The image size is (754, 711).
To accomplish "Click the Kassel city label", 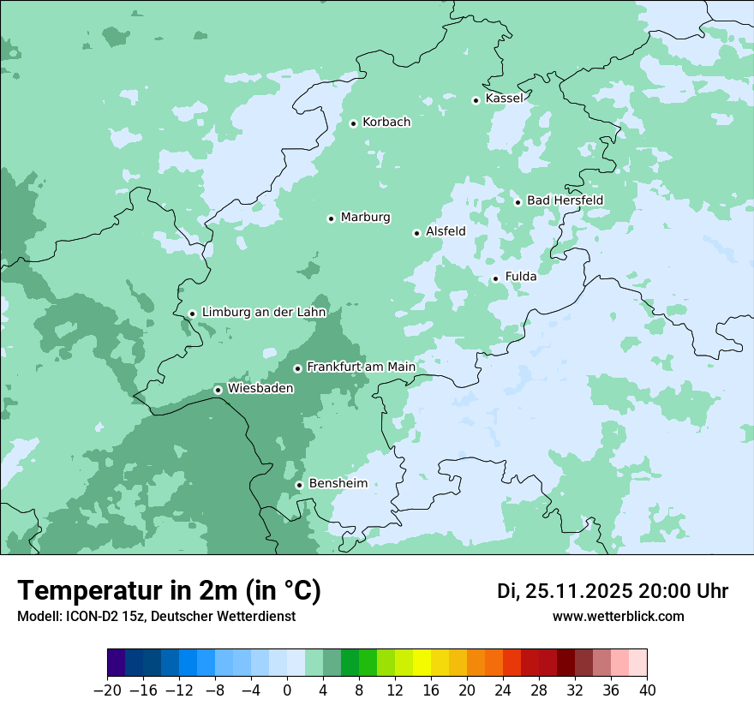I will click(x=504, y=99).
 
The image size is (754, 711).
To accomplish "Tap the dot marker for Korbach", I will click(x=353, y=123).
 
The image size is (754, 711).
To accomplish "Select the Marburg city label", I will click(x=365, y=218).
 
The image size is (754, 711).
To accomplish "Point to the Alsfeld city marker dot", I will click(x=416, y=233).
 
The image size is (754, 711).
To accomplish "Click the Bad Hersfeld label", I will click(x=565, y=200).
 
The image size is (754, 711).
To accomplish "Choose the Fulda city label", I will click(x=521, y=277).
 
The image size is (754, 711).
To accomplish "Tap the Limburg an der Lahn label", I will click(x=264, y=313).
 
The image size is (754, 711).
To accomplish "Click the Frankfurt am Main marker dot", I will click(x=297, y=368).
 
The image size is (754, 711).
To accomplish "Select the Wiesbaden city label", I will click(x=260, y=389).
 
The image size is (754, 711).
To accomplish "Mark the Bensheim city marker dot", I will click(x=299, y=485).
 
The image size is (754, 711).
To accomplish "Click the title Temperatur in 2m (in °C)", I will click(x=170, y=591).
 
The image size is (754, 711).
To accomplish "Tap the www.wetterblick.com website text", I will click(x=618, y=617).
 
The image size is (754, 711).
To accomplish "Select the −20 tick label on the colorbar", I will click(x=108, y=690).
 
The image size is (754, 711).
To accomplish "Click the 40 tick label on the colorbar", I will click(x=647, y=690).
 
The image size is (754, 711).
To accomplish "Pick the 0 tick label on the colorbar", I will click(x=287, y=690).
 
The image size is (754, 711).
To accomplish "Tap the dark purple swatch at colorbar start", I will click(x=117, y=663).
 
